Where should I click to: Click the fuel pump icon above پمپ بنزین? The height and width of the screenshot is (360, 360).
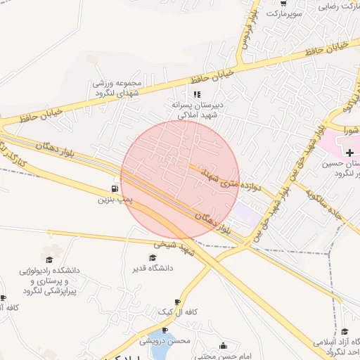point(114,188)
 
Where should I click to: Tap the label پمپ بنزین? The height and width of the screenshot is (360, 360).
point(115,200)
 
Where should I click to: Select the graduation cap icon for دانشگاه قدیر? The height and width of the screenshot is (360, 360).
point(152,257)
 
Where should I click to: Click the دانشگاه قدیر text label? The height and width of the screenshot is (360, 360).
point(148,268)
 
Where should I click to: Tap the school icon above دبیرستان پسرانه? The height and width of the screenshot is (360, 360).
point(197,94)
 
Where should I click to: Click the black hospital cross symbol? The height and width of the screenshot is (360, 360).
point(350,153)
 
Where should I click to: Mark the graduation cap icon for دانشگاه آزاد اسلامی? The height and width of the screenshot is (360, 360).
point(345,331)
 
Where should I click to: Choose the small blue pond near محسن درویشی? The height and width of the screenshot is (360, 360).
point(167,333)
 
